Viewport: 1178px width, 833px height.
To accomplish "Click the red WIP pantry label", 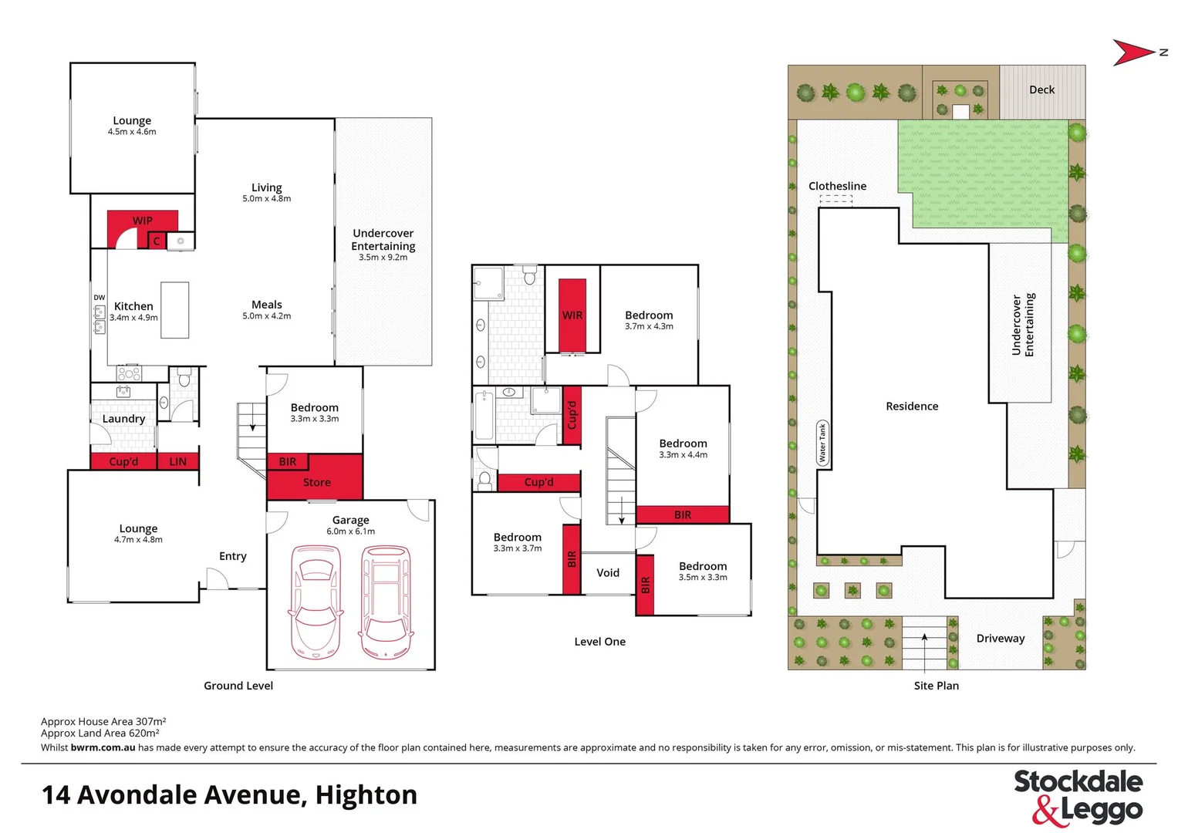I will pyautogui.click(x=143, y=221).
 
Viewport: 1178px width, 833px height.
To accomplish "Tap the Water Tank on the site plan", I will pyautogui.click(x=822, y=443).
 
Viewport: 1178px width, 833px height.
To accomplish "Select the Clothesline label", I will pyautogui.click(x=837, y=186).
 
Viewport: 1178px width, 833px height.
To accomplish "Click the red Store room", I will pyautogui.click(x=316, y=482).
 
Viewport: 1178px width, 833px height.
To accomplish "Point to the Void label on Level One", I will pyautogui.click(x=608, y=572).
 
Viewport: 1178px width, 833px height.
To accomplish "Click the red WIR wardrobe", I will pyautogui.click(x=572, y=315).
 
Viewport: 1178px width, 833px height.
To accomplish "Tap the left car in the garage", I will pyautogui.click(x=315, y=602).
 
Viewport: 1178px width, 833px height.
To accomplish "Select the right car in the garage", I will pyautogui.click(x=386, y=602).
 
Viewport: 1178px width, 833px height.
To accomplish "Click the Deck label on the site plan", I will pyautogui.click(x=1041, y=89).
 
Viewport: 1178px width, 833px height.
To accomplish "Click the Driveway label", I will pyautogui.click(x=1001, y=639).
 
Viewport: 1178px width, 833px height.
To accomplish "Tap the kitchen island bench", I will pyautogui.click(x=175, y=310).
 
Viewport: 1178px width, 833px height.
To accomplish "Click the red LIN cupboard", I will pyautogui.click(x=177, y=461).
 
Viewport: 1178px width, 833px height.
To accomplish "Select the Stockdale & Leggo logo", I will pyautogui.click(x=1078, y=797).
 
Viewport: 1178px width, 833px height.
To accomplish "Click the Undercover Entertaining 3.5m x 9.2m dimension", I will pyautogui.click(x=383, y=258).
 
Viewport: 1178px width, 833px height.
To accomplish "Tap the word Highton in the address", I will pyautogui.click(x=366, y=794).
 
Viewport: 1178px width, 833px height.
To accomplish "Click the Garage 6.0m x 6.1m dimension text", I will pyautogui.click(x=350, y=531).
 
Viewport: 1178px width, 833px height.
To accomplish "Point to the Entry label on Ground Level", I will pyautogui.click(x=233, y=556).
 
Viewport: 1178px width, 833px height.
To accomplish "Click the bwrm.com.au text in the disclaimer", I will pyautogui.click(x=103, y=747).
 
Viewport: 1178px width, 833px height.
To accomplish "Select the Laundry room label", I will pyautogui.click(x=123, y=419).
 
